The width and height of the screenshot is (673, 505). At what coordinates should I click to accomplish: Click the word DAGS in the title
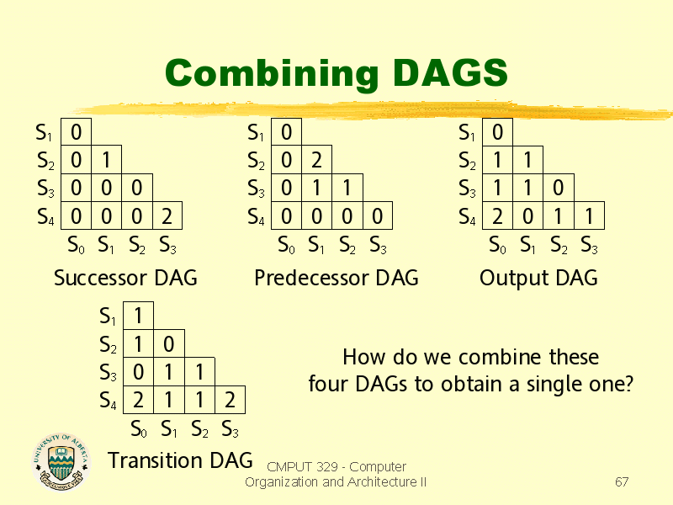[450, 72]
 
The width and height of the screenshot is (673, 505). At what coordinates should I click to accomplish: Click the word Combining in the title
[272, 74]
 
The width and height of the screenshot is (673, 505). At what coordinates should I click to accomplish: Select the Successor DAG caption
[125, 278]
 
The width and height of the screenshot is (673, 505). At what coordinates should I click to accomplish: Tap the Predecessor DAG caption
[336, 278]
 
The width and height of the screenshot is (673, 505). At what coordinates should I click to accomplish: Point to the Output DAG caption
[538, 279]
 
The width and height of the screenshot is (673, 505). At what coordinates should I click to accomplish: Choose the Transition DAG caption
[180, 460]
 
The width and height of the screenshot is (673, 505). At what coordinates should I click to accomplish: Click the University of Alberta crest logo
[61, 461]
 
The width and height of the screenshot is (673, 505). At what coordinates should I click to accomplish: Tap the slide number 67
[622, 481]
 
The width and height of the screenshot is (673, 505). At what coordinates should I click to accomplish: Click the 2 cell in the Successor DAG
[167, 215]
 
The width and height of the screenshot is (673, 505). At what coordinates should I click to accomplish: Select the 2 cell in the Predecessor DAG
[317, 160]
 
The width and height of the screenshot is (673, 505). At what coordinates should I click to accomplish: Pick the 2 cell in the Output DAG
[497, 215]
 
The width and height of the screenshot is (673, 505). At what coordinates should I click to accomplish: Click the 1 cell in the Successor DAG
[107, 160]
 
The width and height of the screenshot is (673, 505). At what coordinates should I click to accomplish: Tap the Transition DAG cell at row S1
[138, 316]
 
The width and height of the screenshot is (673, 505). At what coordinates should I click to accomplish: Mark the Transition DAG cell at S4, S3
[230, 400]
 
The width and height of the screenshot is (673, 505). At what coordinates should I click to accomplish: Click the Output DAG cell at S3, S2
[559, 188]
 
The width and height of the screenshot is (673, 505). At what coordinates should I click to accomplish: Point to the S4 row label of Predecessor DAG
[256, 216]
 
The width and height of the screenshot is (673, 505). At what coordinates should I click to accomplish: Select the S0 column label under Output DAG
[497, 245]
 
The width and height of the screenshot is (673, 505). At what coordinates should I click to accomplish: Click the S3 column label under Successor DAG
[167, 245]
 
